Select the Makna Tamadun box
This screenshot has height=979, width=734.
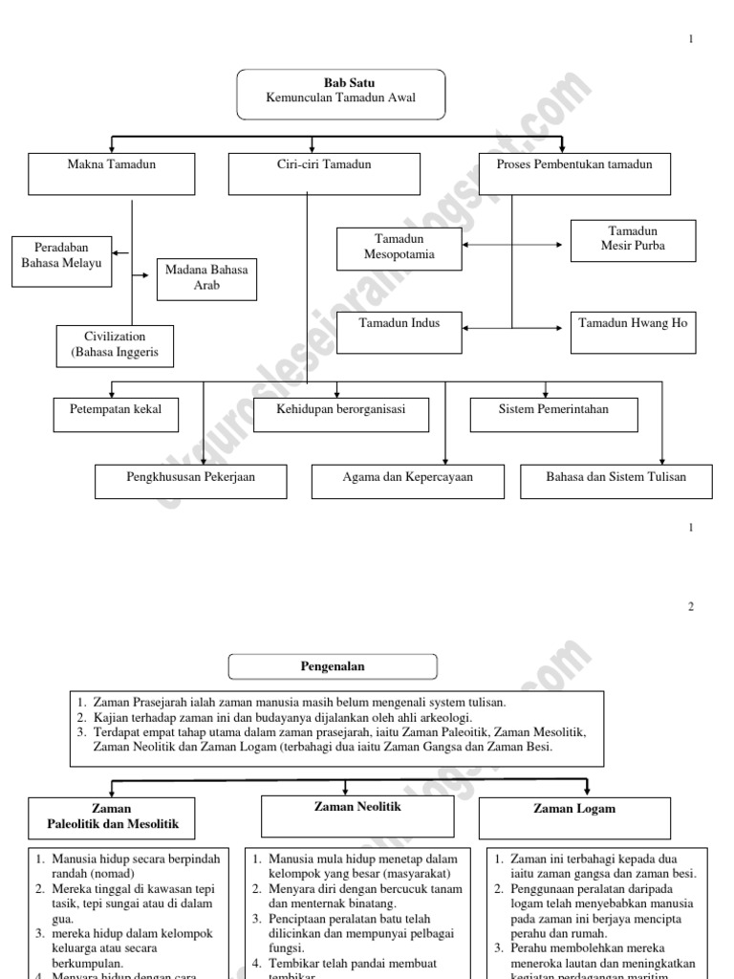coord(112,173)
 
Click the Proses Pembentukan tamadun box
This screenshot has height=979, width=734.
coord(574,173)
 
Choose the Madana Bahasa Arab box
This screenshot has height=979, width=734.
coord(206,278)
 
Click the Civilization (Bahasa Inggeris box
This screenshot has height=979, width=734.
coord(115,346)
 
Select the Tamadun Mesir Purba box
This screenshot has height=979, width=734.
coord(633,239)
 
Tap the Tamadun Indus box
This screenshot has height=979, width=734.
coord(399,332)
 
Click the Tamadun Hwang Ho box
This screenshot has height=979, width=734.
coord(633,332)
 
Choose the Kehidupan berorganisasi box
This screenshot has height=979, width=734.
coord(341,412)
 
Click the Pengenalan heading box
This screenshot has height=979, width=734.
coord(333,666)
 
